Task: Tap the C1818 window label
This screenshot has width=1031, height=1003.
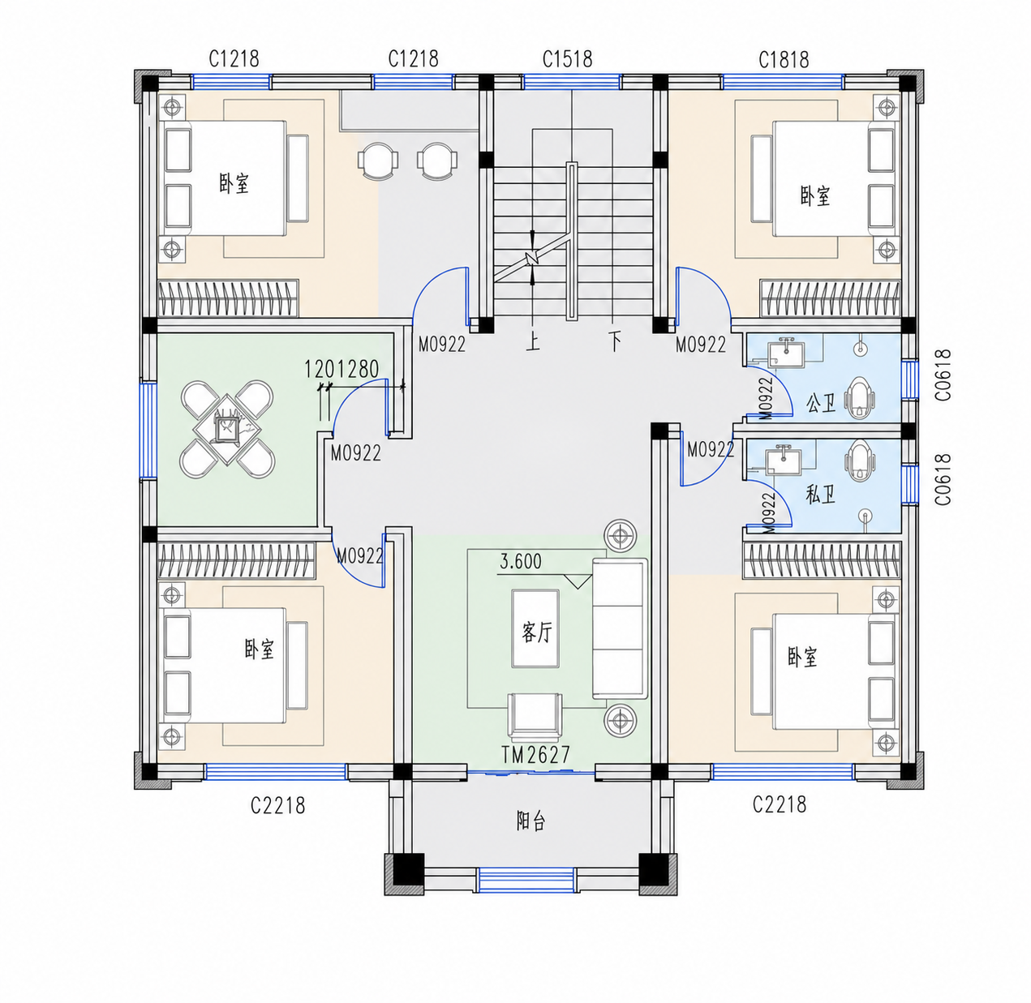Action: click(x=784, y=60)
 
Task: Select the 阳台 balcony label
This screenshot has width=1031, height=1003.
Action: click(x=531, y=821)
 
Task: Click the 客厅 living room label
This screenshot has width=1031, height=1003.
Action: click(x=537, y=632)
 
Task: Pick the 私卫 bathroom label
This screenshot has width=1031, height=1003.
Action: click(x=821, y=495)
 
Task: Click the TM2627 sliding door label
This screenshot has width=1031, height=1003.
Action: click(x=535, y=755)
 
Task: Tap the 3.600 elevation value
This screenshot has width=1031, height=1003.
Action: click(x=521, y=561)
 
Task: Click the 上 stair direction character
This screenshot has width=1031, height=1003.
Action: click(x=532, y=341)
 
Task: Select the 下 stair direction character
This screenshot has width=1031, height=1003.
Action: click(x=615, y=341)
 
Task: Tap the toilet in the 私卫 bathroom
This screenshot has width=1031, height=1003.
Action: click(x=859, y=461)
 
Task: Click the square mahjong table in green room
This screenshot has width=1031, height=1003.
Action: click(x=228, y=429)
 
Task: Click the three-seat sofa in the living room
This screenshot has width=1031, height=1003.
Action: click(x=620, y=628)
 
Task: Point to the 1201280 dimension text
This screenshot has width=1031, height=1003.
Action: click(x=342, y=369)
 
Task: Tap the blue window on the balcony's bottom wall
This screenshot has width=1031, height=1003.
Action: click(x=526, y=880)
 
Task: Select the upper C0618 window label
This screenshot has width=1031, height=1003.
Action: click(x=943, y=375)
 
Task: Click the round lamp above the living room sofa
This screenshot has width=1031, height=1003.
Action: click(x=621, y=538)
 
